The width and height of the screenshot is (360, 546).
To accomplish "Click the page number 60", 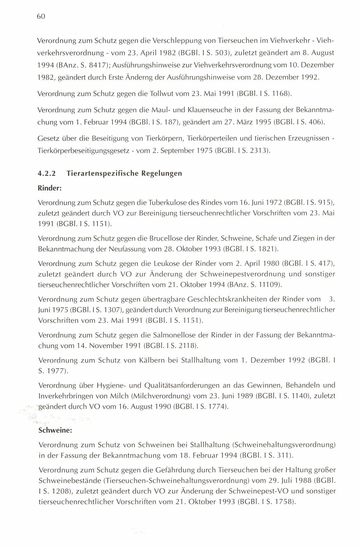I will pyautogui.click(x=41, y=16).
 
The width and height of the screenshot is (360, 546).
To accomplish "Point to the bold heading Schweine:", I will pyautogui.click(x=54, y=430).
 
